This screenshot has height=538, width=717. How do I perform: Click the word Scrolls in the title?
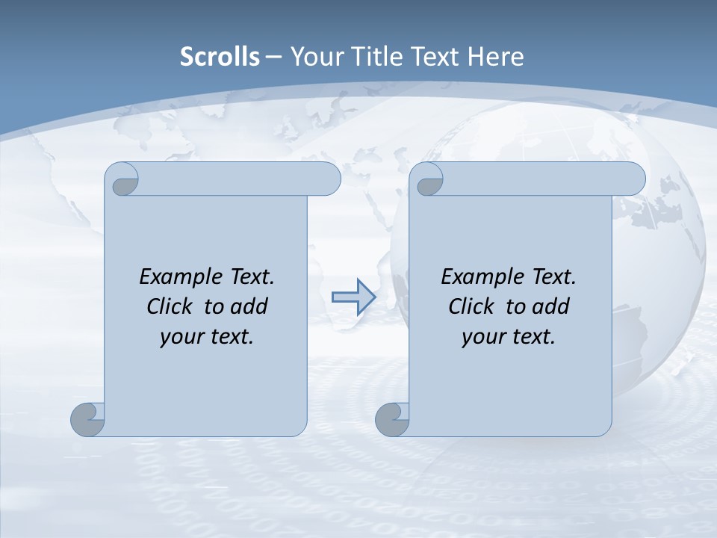pyautogui.click(x=220, y=57)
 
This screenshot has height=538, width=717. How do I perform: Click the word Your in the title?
pyautogui.click(x=315, y=57)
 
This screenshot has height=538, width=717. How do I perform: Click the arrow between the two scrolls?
pyautogui.click(x=353, y=297)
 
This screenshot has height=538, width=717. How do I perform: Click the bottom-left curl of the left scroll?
pyautogui.click(x=87, y=420)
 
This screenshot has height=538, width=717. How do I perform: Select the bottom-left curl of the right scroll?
pyautogui.click(x=392, y=420)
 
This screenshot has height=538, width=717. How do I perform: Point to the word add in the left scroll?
pyautogui.click(x=249, y=306)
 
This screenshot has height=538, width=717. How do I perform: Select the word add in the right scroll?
pyautogui.click(x=551, y=306)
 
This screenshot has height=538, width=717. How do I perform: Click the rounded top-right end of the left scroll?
pyautogui.click(x=329, y=179)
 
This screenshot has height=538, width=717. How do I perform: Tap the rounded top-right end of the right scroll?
pyautogui.click(x=634, y=179)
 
